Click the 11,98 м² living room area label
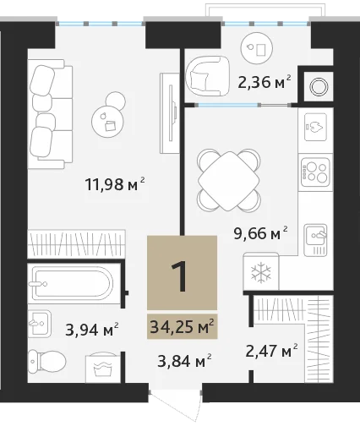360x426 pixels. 115,184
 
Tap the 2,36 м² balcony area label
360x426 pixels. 265,82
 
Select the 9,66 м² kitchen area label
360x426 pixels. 260,233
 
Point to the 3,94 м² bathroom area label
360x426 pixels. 92,330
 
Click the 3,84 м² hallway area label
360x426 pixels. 184,361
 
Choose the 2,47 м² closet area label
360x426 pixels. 271,351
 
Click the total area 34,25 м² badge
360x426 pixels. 183,326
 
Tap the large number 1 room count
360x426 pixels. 179,276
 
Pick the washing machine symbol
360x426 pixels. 103,365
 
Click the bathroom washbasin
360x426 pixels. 40,323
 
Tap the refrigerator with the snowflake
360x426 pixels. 261,271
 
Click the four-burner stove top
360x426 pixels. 315,172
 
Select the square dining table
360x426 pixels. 228,181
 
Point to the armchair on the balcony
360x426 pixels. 207,76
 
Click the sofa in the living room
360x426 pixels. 50,114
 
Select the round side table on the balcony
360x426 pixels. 257,48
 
